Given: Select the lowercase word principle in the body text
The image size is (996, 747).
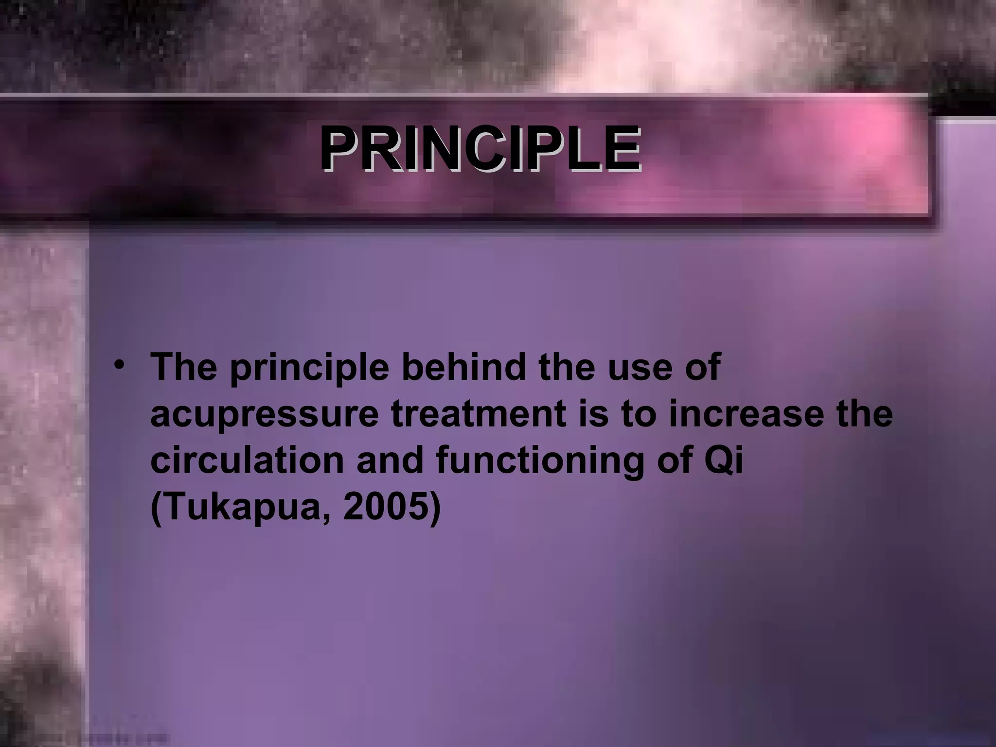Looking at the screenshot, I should pyautogui.click(x=309, y=369).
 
